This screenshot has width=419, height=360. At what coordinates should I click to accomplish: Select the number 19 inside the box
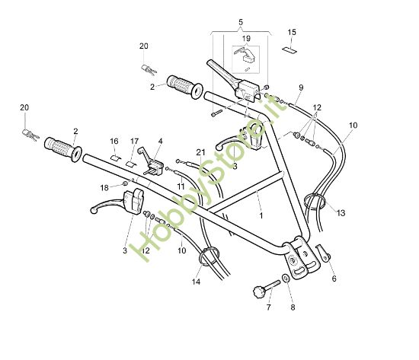click(x=246, y=37)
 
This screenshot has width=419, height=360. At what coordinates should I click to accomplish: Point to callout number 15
click(x=292, y=32)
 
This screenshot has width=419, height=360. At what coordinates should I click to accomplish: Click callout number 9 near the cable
click(x=301, y=87)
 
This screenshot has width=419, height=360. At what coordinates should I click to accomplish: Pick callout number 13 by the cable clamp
click(x=341, y=212)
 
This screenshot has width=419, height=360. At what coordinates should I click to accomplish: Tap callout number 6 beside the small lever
click(x=332, y=279)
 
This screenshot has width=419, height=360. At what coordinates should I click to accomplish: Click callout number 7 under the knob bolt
click(x=267, y=308)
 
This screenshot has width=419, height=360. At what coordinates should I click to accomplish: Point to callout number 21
click(x=200, y=152)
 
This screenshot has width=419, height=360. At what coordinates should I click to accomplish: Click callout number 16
click(x=114, y=142)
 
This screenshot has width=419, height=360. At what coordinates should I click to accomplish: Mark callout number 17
click(x=134, y=142)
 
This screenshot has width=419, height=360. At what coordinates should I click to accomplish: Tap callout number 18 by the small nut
click(x=104, y=187)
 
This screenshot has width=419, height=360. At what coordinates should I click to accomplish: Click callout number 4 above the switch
click(x=161, y=142)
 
